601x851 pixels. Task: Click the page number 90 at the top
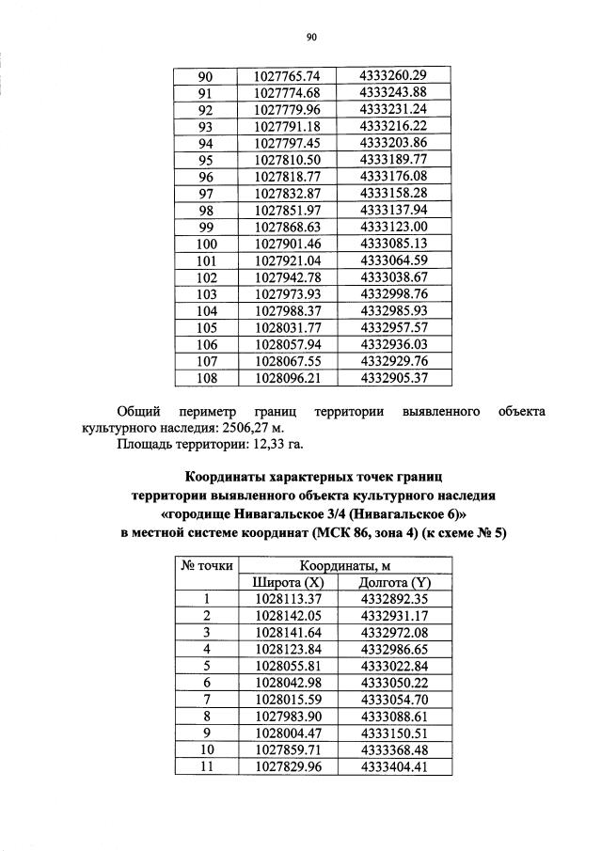pyautogui.click(x=312, y=38)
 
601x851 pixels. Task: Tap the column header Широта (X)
pyautogui.click(x=288, y=582)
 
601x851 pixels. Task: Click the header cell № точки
pyautogui.click(x=205, y=565)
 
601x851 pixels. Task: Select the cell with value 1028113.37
pyautogui.click(x=288, y=598)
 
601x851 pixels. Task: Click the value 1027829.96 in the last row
pyautogui.click(x=288, y=766)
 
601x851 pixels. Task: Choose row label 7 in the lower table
pyautogui.click(x=205, y=700)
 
